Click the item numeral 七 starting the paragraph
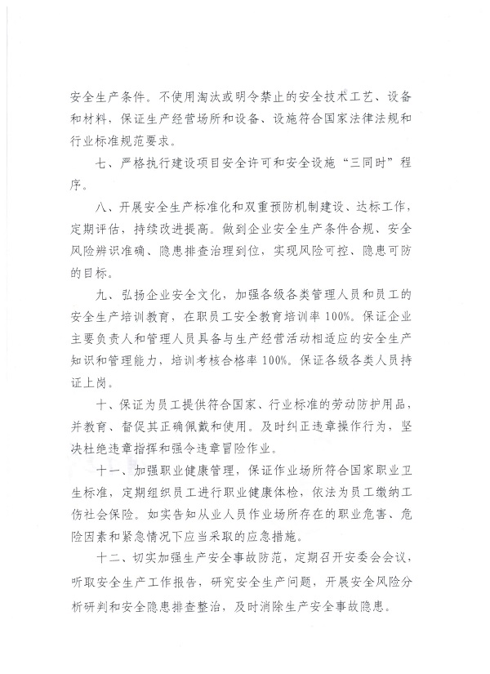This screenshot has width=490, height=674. pos(101,163)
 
